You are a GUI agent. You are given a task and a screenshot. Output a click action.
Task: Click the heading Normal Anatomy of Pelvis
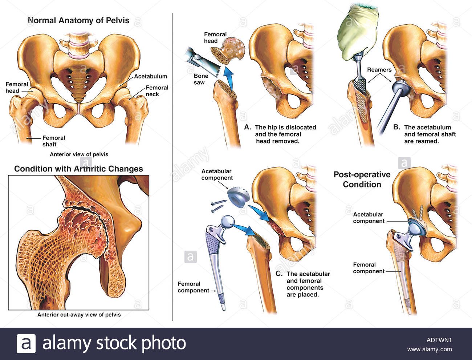(78, 20)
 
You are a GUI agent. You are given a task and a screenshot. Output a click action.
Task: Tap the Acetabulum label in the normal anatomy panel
(151, 76)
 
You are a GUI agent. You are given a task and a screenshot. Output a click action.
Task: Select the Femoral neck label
(157, 91)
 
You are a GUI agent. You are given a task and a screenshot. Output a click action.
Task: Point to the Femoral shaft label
(53, 141)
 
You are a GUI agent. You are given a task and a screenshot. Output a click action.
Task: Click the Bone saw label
(201, 79)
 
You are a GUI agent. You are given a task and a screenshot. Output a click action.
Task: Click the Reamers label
(379, 70)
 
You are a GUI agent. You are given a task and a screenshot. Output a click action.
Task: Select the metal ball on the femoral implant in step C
(227, 223)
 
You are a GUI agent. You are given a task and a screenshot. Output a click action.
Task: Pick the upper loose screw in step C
(219, 202)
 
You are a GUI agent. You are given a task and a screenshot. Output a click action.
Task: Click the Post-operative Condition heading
(362, 179)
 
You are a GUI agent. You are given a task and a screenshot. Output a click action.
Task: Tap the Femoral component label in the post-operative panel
(369, 268)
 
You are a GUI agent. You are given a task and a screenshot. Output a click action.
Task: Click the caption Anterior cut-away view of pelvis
(79, 315)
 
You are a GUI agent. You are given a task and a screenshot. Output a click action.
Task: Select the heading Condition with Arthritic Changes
(78, 169)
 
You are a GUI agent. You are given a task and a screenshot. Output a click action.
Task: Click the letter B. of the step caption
(397, 127)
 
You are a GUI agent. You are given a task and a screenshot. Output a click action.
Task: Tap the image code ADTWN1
(439, 340)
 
